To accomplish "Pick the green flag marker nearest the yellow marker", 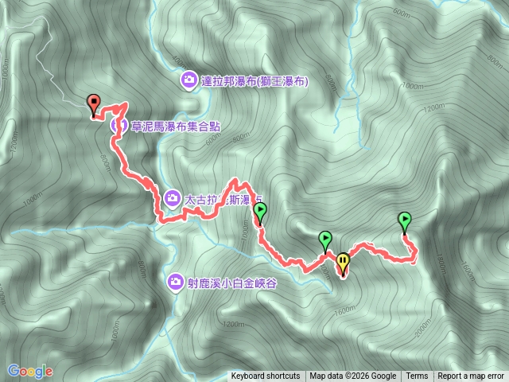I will pyautogui.click(x=324, y=238).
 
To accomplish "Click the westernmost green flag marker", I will pyautogui.click(x=259, y=212).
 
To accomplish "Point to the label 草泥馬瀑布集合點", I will pyautogui.click(x=176, y=125).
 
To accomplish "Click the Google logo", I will pyautogui.click(x=29, y=371).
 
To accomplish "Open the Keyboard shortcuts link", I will pyautogui.click(x=266, y=376).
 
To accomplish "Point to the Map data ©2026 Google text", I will pyautogui.click(x=352, y=376).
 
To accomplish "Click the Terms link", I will pyautogui.click(x=417, y=376).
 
